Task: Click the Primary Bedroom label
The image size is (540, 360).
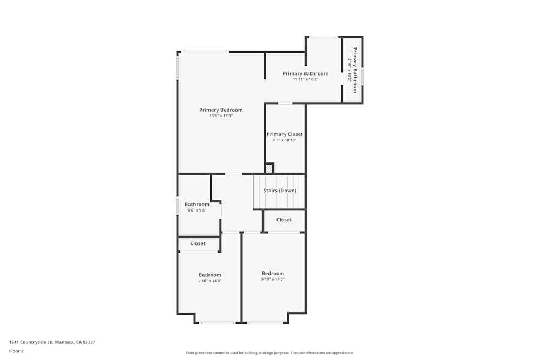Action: click(221, 110)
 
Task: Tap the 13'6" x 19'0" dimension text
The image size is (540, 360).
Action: click(221, 116)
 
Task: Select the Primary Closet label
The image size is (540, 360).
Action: click(285, 134)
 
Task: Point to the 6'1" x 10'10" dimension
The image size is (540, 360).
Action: click(285, 140)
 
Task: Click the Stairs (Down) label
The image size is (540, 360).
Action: click(280, 191)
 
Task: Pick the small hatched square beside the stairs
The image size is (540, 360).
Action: click(269, 168)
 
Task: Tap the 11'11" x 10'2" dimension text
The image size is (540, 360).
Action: click(305, 79)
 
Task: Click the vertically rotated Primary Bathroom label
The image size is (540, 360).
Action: click(355, 70)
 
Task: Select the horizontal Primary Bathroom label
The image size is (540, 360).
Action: click(305, 73)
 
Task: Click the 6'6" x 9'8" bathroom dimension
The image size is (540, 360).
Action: click(197, 210)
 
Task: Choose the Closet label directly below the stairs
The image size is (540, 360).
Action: click(284, 220)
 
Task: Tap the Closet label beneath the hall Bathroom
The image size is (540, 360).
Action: click(198, 243)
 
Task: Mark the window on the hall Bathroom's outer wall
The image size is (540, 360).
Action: click(178, 206)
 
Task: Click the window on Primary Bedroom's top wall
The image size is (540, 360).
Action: click(205, 52)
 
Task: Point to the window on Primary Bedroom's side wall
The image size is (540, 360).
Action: click(178, 67)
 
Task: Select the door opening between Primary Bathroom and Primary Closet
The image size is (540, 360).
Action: click(285, 103)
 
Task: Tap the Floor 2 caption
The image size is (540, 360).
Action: click(16, 351)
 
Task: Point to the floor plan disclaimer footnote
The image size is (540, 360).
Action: click(270, 353)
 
